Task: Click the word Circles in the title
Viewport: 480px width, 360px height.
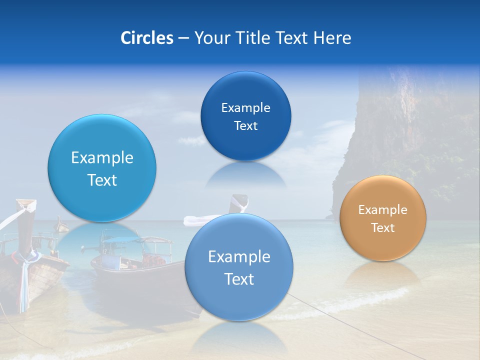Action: tap(146, 38)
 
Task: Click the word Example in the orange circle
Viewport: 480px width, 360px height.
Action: tap(383, 210)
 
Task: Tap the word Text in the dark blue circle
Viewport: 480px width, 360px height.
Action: tap(245, 126)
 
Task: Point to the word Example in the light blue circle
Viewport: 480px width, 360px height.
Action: tap(102, 158)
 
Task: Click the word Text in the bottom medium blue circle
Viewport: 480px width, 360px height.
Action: tap(239, 279)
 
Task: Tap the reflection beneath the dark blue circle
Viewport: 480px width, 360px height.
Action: tap(245, 175)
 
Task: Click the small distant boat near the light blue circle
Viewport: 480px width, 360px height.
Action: tap(61, 226)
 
